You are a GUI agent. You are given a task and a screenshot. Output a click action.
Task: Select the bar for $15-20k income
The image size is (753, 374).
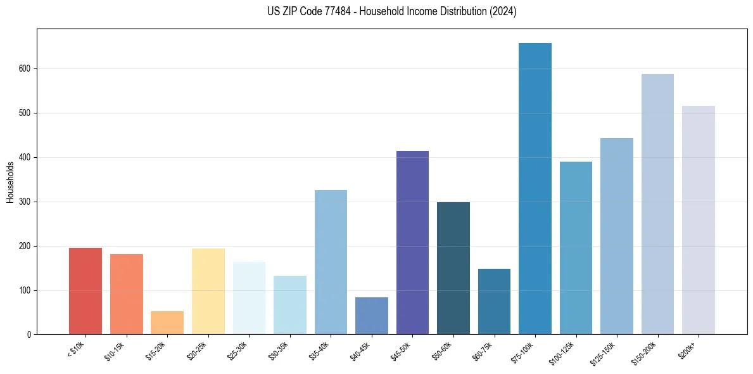pos(167,323)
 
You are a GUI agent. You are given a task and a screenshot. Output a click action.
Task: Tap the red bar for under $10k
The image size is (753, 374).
pos(85,291)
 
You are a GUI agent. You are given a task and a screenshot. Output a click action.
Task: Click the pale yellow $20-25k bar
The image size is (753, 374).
pos(208,291)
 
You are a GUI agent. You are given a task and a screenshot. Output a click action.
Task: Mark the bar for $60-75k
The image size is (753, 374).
pos(494,302)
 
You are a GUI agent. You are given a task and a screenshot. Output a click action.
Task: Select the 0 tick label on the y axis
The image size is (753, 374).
pos(31,335)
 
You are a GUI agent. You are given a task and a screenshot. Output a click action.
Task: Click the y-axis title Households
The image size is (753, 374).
pos(10,182)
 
